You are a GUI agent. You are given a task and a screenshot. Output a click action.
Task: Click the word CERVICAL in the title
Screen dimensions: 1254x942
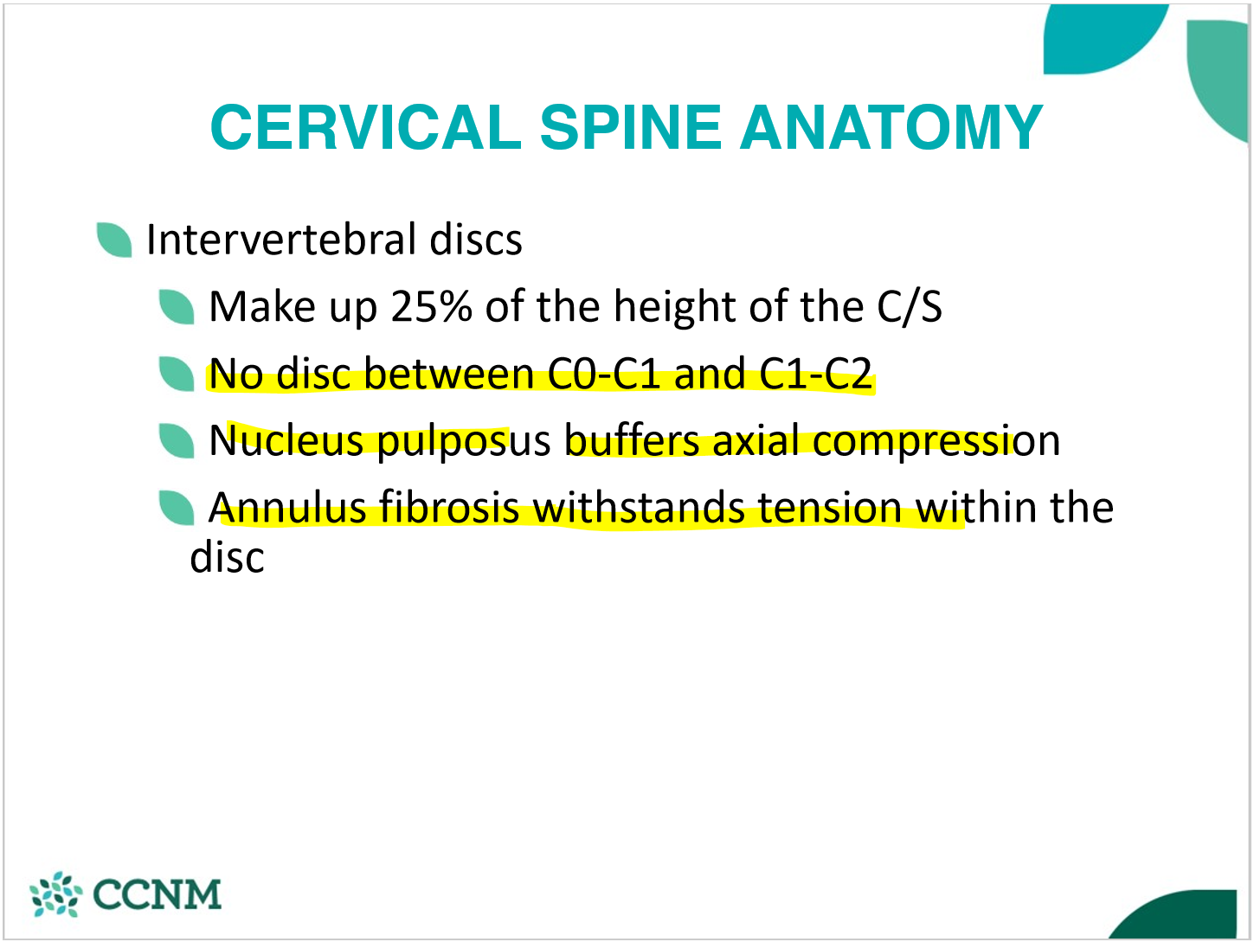tap(366, 127)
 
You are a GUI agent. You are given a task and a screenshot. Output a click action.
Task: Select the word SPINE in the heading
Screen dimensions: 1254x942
tap(631, 127)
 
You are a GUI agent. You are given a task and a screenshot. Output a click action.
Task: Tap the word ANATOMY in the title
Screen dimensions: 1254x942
tap(891, 127)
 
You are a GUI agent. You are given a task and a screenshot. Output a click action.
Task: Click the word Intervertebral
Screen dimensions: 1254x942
tap(281, 239)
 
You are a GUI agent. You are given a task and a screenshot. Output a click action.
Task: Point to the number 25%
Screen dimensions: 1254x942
tap(432, 306)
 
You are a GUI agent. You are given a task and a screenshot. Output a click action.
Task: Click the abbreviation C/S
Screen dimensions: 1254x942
tap(910, 306)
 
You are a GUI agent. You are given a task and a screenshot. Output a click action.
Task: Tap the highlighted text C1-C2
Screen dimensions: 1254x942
tap(815, 374)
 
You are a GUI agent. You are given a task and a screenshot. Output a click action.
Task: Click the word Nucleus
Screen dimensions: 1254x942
tap(286, 440)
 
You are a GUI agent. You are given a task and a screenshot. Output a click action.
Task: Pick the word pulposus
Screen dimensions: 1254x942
tap(464, 442)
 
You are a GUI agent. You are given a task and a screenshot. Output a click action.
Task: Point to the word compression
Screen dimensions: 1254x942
tap(936, 442)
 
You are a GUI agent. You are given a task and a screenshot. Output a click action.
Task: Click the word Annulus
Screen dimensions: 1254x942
tap(287, 507)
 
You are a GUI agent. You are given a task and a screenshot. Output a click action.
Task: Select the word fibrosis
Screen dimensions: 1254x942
tap(449, 507)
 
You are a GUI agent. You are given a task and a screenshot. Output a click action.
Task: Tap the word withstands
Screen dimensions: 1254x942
tap(639, 507)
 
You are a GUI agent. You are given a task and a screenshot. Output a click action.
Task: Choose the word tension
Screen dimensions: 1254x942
tap(830, 507)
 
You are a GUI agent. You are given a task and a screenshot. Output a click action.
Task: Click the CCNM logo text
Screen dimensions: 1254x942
tap(158, 894)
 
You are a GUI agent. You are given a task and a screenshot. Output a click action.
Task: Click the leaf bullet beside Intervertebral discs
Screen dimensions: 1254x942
tap(114, 240)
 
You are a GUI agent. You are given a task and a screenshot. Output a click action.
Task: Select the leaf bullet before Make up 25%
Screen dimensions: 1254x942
tap(177, 307)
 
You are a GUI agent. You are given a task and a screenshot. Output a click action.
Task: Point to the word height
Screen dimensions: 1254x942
tap(675, 308)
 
